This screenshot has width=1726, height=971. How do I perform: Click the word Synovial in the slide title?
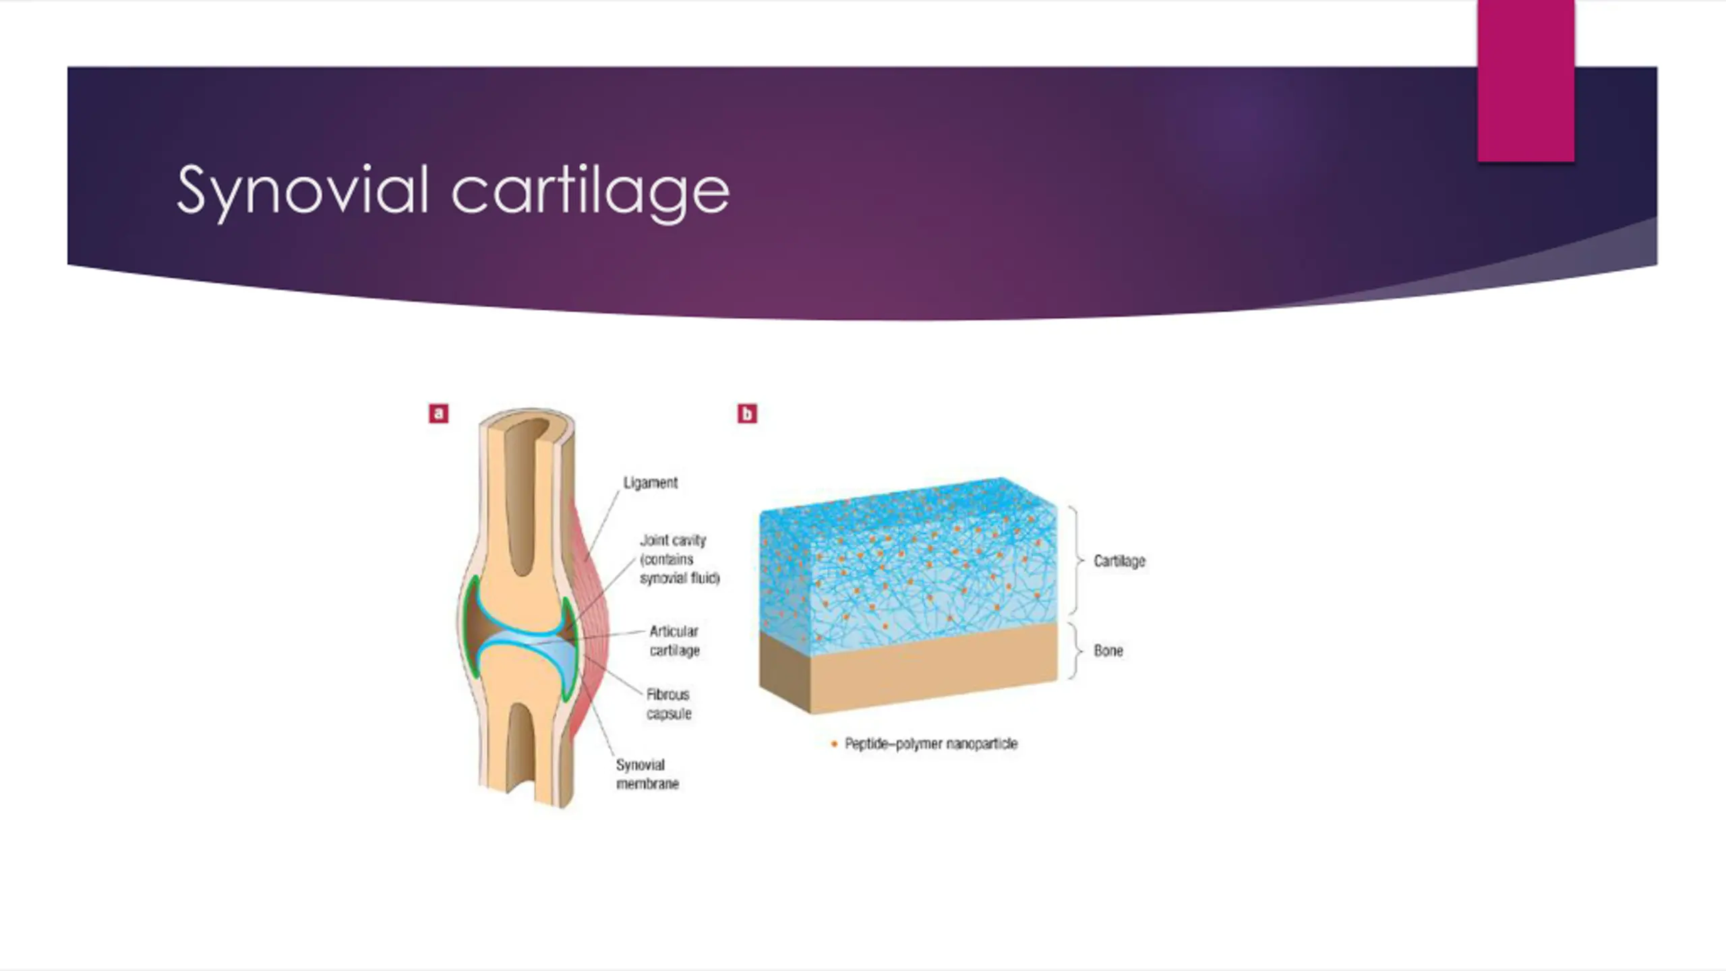pyautogui.click(x=302, y=191)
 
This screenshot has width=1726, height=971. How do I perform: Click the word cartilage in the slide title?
pyautogui.click(x=590, y=192)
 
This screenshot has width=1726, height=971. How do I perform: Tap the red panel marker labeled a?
pyautogui.click(x=438, y=413)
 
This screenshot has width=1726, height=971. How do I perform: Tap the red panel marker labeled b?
pyautogui.click(x=747, y=413)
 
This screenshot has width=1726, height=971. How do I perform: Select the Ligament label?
pyautogui.click(x=650, y=483)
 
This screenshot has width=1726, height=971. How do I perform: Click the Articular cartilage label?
pyautogui.click(x=674, y=641)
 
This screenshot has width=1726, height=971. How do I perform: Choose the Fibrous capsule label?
pyautogui.click(x=669, y=703)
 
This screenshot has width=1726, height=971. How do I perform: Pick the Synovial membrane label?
pyautogui.click(x=647, y=774)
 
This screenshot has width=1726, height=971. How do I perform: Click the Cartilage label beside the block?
pyautogui.click(x=1119, y=561)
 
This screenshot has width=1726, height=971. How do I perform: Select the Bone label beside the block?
pyautogui.click(x=1108, y=651)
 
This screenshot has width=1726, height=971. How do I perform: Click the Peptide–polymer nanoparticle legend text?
pyautogui.click(x=931, y=744)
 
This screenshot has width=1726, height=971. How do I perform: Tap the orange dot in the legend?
pyautogui.click(x=834, y=744)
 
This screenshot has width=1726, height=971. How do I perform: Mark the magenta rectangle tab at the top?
pyautogui.click(x=1526, y=81)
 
